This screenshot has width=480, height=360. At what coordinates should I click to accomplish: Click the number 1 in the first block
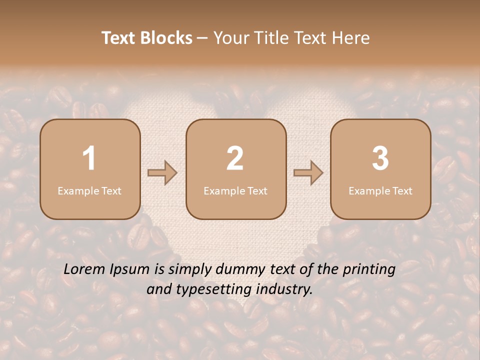coord(89,158)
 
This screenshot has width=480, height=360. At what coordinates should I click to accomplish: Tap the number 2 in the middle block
coord(235,158)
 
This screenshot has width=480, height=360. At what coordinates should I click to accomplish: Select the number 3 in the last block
coord(380,158)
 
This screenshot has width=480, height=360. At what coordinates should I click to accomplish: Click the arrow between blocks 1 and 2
coord(162,172)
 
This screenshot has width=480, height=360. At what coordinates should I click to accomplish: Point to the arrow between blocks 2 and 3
coord(308,172)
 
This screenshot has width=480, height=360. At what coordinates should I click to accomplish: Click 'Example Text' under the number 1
coord(89,190)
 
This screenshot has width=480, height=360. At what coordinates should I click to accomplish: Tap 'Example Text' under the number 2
coord(235,190)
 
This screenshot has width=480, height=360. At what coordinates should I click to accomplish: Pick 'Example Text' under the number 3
coord(380,190)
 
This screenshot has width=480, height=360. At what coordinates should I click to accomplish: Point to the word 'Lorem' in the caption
coord(85,269)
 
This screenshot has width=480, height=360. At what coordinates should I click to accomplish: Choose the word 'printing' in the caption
coord(368,270)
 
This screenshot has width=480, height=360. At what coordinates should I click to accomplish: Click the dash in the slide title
coord(202,38)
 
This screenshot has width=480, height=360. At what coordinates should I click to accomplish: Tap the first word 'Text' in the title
coord(119,38)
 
